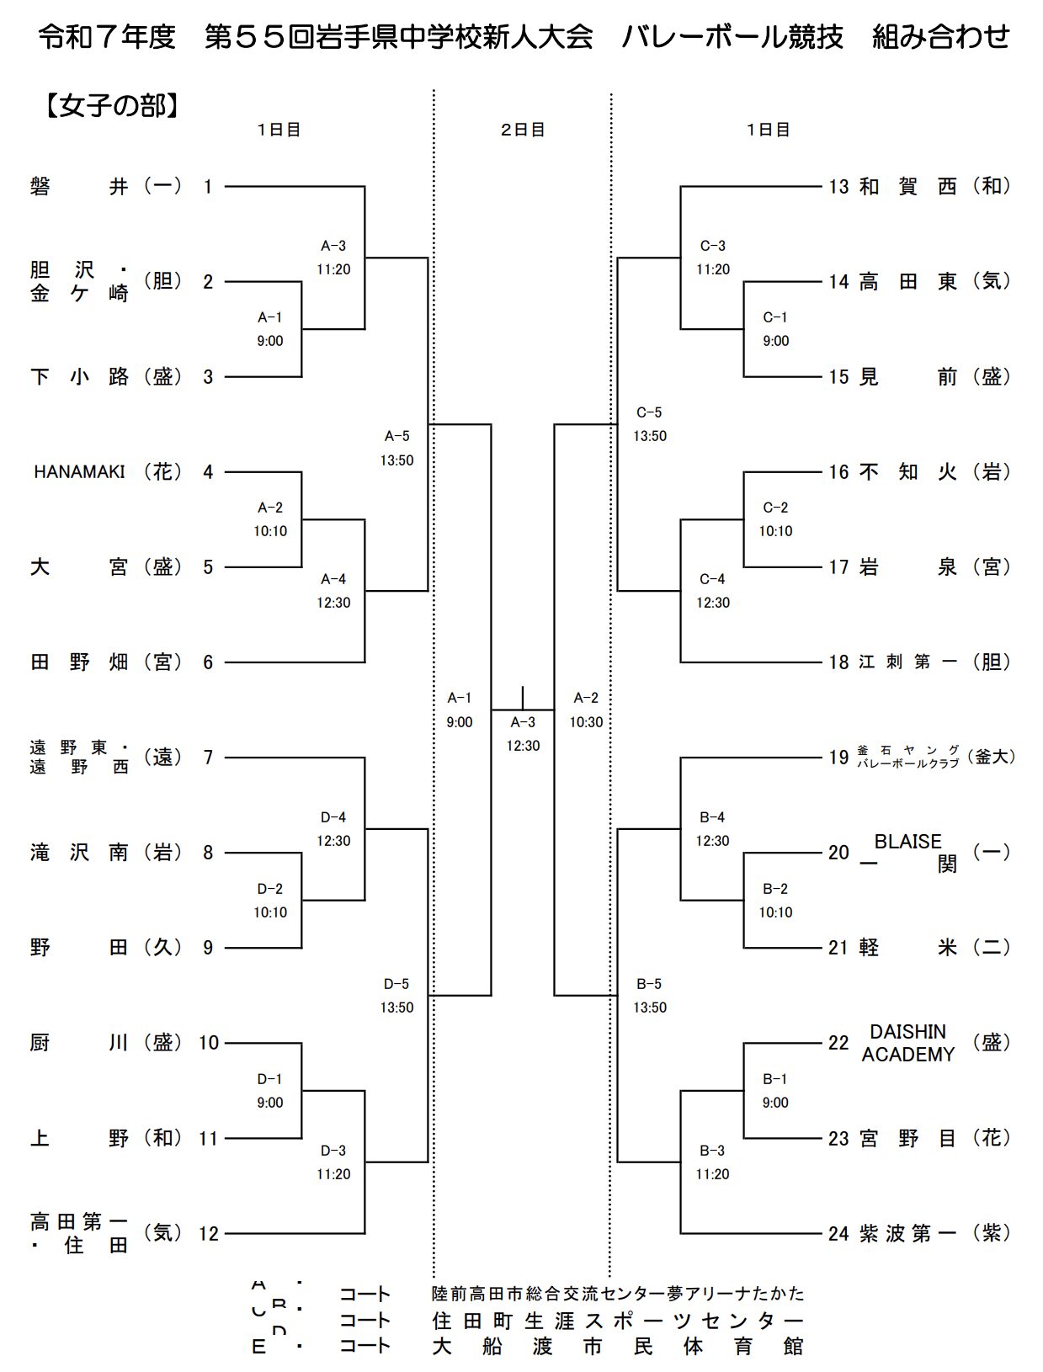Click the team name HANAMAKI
pyautogui.click(x=79, y=472)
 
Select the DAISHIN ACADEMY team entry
pyautogui.click(x=907, y=1043)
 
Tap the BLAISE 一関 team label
pyautogui.click(x=907, y=853)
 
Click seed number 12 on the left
pyautogui.click(x=208, y=1234)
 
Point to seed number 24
pyautogui.click(x=838, y=1234)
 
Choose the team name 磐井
pyautogui.click(x=79, y=186)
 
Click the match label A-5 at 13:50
pyautogui.click(x=396, y=448)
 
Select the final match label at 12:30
pyautogui.click(x=523, y=734)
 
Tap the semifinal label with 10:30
pyautogui.click(x=586, y=710)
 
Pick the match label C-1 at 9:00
pyautogui.click(x=775, y=329)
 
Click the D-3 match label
pyautogui.click(x=333, y=1162)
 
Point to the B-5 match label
pyautogui.click(x=650, y=995)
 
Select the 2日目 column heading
pyautogui.click(x=523, y=130)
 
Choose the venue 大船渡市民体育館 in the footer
pyautogui.click(x=618, y=1346)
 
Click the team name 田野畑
pyautogui.click(x=79, y=662)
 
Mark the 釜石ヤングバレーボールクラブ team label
pyautogui.click(x=907, y=757)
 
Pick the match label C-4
pyautogui.click(x=712, y=591)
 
